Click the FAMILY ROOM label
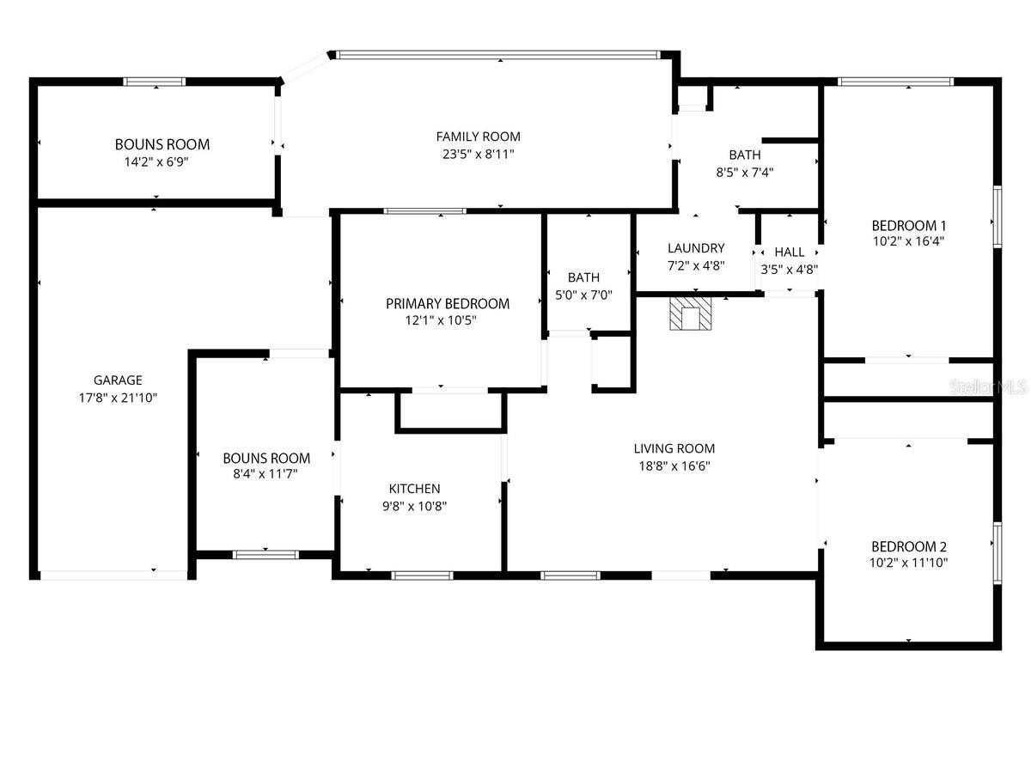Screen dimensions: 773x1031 click(478, 137)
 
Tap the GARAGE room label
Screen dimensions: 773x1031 click(118, 380)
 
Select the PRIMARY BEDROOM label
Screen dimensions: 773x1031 click(447, 304)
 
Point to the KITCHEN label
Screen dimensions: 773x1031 click(414, 489)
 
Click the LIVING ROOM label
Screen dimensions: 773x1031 click(674, 448)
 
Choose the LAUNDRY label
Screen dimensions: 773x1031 click(696, 248)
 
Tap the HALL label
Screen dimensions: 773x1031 click(790, 252)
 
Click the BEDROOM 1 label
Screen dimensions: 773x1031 click(908, 226)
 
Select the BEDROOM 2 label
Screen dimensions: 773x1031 click(908, 547)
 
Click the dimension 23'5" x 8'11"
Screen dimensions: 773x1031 click(478, 155)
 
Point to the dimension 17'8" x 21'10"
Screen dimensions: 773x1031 click(118, 398)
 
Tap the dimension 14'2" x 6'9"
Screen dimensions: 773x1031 click(162, 161)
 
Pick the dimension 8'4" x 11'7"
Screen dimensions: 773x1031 click(266, 474)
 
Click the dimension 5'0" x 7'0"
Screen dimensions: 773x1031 click(583, 295)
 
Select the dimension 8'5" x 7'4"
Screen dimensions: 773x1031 click(744, 172)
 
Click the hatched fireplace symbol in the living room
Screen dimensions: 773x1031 click(692, 313)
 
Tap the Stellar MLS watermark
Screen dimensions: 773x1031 click(987, 388)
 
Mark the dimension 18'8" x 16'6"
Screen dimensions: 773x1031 click(674, 466)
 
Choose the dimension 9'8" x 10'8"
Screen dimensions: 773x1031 click(414, 506)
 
